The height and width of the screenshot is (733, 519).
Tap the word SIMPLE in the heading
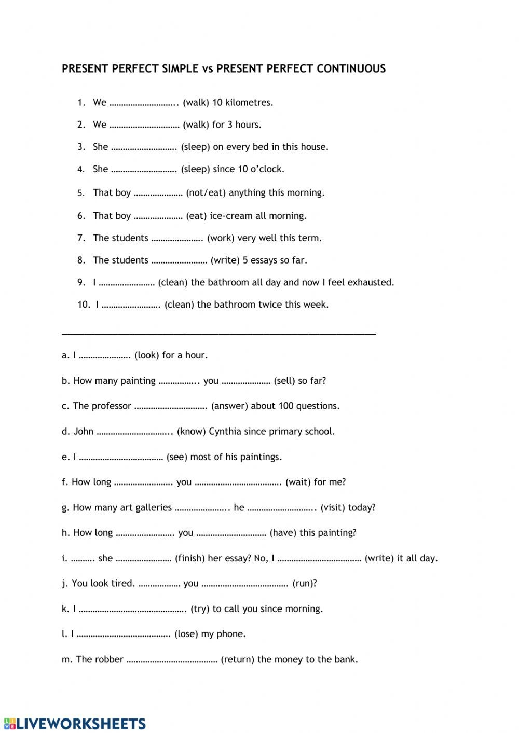(x=180, y=68)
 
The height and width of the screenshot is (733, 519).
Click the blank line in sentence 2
(x=144, y=125)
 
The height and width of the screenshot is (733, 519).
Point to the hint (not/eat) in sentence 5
(x=206, y=193)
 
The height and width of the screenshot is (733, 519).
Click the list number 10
(x=84, y=305)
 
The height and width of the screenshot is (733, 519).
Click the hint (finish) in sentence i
(x=189, y=558)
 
